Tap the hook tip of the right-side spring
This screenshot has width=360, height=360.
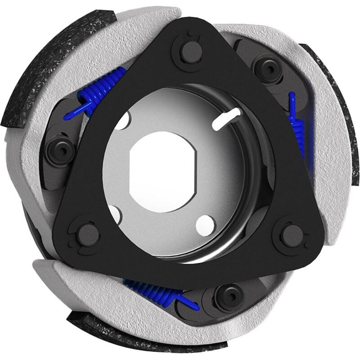(x=292, y=97)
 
